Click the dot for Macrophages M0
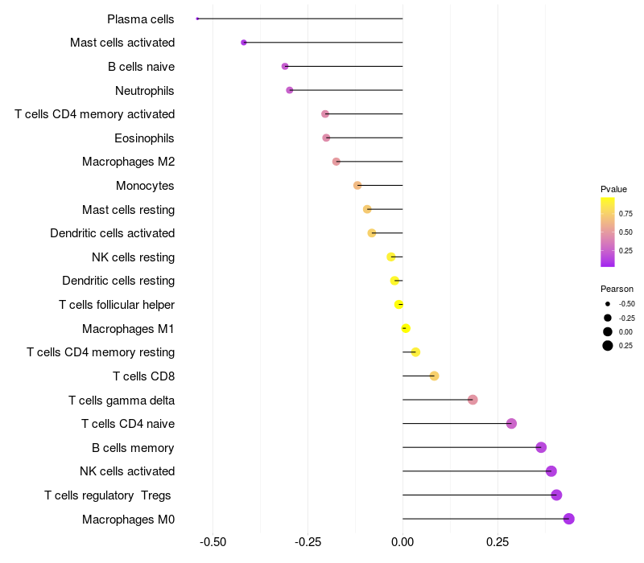click(x=569, y=519)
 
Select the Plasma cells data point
click(x=197, y=18)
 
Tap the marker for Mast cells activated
click(x=244, y=43)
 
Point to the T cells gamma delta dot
click(x=473, y=400)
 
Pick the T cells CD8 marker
click(x=434, y=376)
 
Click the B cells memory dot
click(x=541, y=447)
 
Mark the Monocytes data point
click(x=357, y=186)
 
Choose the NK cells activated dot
click(x=551, y=471)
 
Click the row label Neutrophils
click(x=145, y=90)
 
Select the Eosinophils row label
click(x=145, y=138)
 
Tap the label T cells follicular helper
click(x=117, y=305)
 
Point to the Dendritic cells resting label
click(x=118, y=281)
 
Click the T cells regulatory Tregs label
click(x=109, y=495)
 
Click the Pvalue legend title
click(x=613, y=189)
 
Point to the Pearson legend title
click(x=617, y=289)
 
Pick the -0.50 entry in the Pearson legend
click(x=626, y=304)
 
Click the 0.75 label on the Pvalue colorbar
click(x=625, y=214)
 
